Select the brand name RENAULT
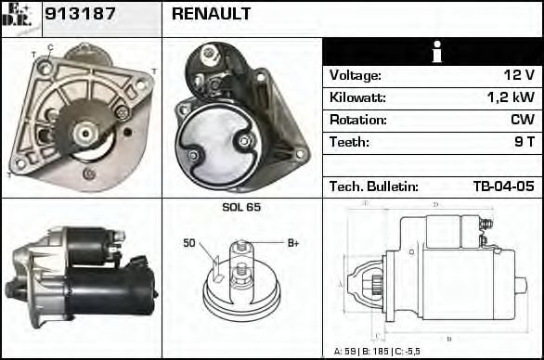point(211,14)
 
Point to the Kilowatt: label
point(357,97)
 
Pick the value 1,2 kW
point(511,97)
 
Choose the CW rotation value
point(522,120)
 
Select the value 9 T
point(525,142)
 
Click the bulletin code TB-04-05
point(503,186)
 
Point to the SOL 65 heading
point(240,207)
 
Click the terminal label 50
point(189,243)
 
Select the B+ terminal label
point(292,243)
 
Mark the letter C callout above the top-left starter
point(49,47)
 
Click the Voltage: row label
point(355,75)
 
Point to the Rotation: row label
point(356,120)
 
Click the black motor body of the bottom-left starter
point(111,288)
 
